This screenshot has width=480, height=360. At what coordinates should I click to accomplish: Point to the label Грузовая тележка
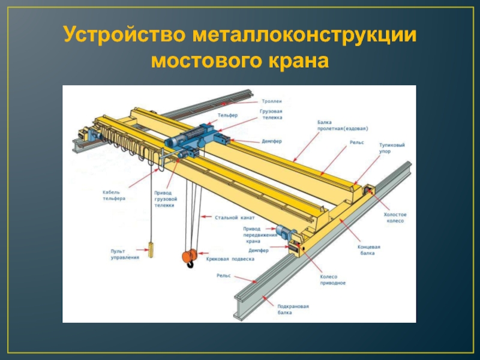coord(271,115)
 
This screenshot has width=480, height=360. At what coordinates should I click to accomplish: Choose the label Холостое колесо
coord(395,217)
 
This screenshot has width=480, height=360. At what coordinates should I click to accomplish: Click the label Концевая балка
coord(370,250)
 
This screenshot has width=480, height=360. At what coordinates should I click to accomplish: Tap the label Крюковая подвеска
coord(230,259)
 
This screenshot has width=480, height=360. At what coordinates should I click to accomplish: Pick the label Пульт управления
coord(125,254)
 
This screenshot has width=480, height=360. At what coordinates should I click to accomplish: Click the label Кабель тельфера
coord(114,195)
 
